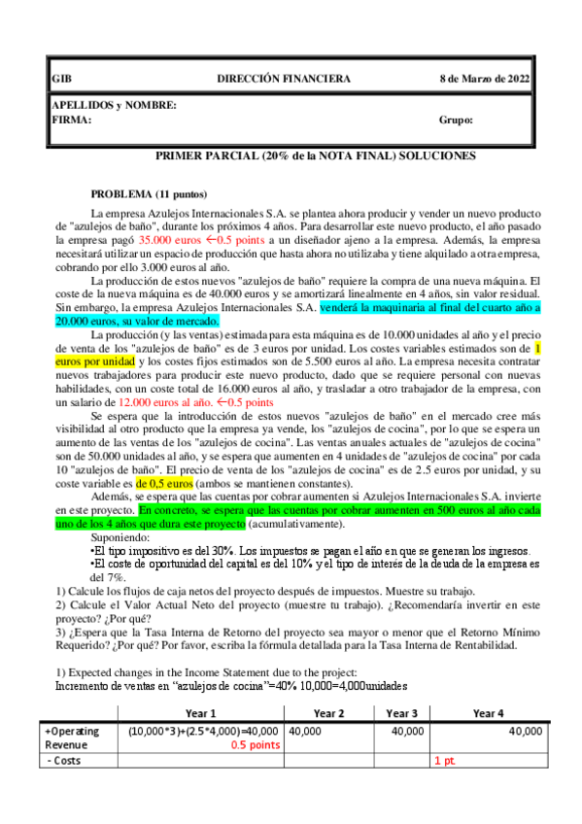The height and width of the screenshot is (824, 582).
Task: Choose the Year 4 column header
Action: tap(490, 712)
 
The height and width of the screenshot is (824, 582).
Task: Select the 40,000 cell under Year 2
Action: tap(305, 731)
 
